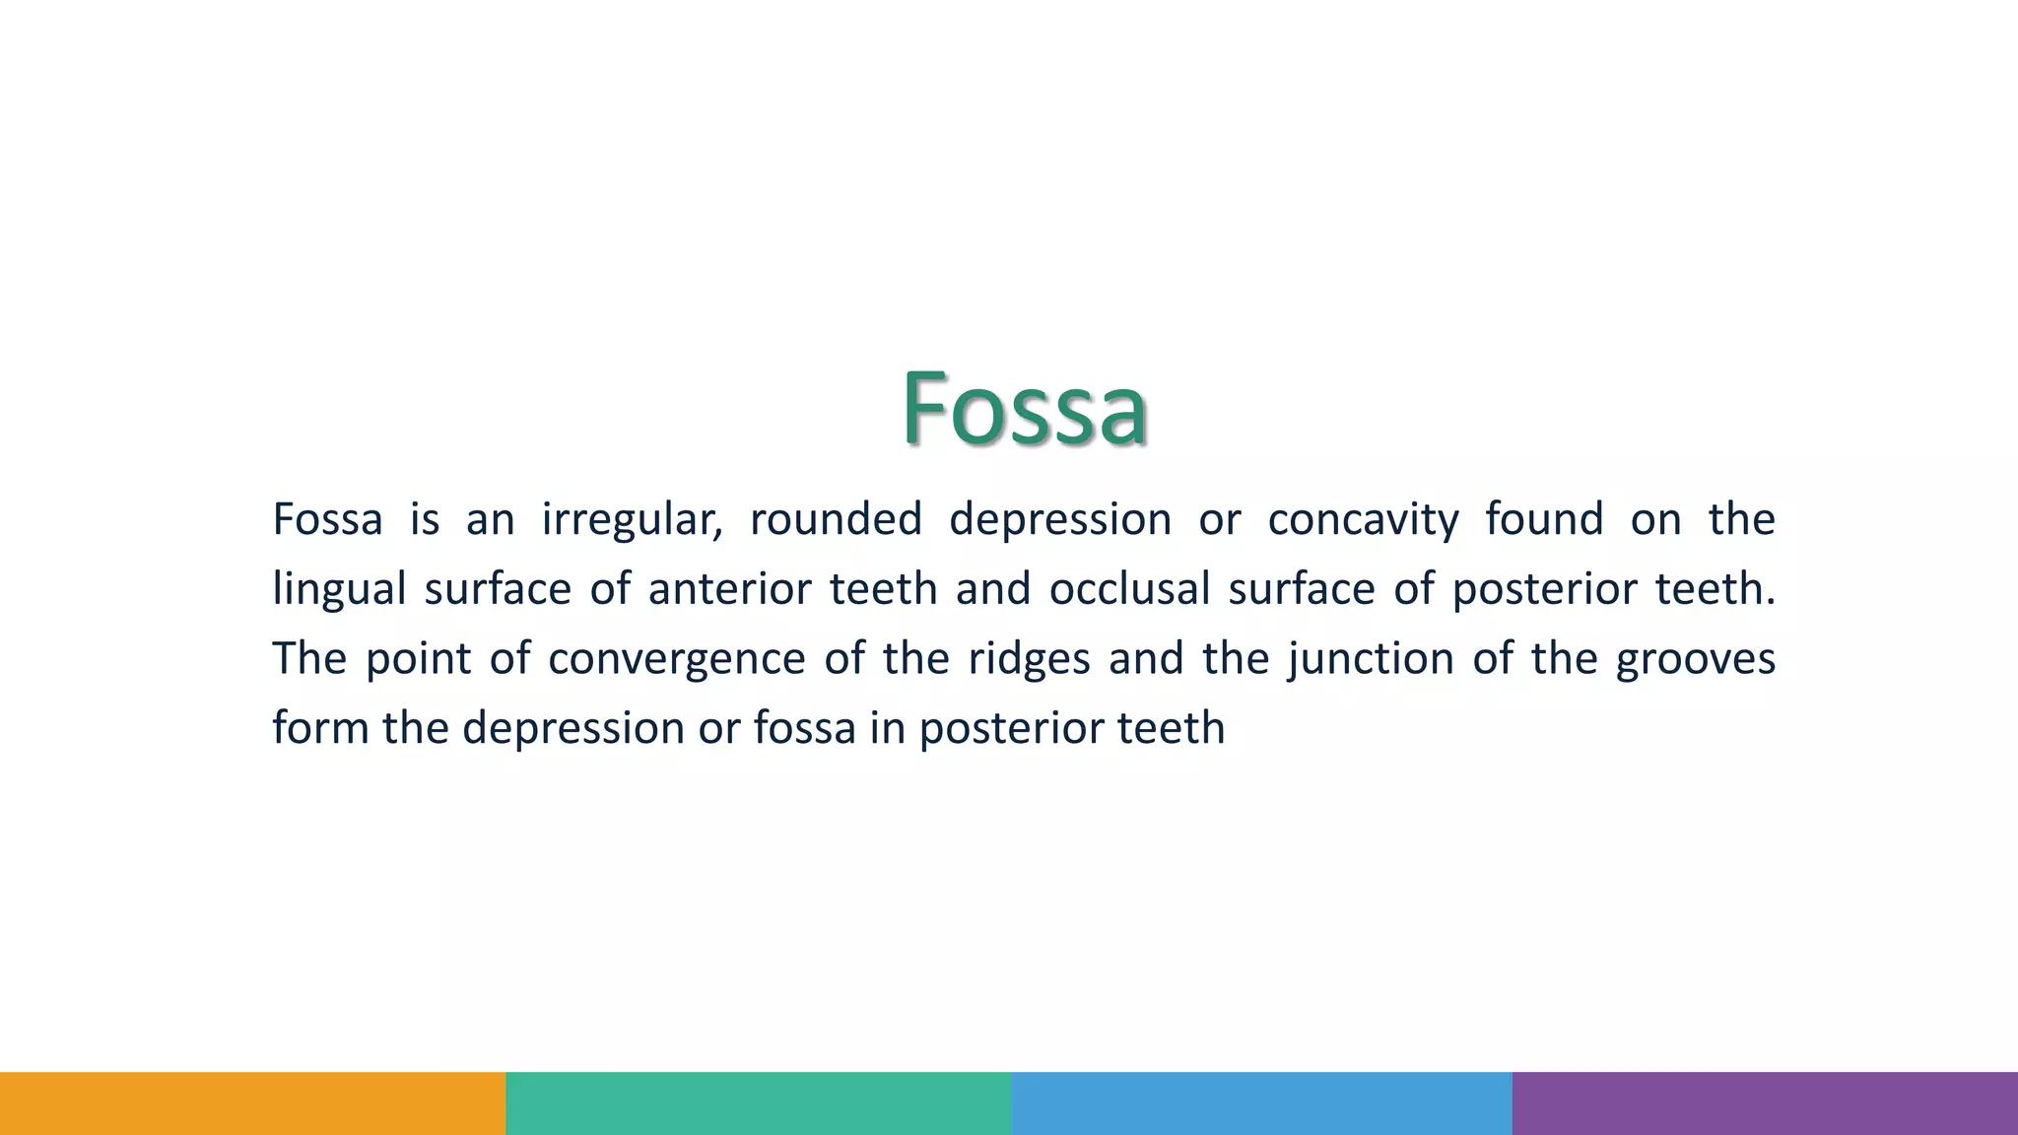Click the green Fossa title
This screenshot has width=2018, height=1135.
(1024, 407)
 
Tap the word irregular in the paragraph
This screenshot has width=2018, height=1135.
(632, 520)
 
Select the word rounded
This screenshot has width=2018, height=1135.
(836, 519)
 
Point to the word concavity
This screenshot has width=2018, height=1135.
(1363, 520)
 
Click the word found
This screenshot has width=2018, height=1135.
(1544, 519)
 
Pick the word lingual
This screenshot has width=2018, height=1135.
(339, 590)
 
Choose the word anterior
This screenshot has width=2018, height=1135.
(729, 589)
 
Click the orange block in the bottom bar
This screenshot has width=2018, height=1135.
(252, 1103)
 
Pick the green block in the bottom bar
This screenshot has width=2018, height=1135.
(758, 1103)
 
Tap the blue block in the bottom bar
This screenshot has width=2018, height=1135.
(1261, 1103)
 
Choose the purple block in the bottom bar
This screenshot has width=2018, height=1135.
(1765, 1103)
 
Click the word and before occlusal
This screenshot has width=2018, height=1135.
(993, 589)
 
